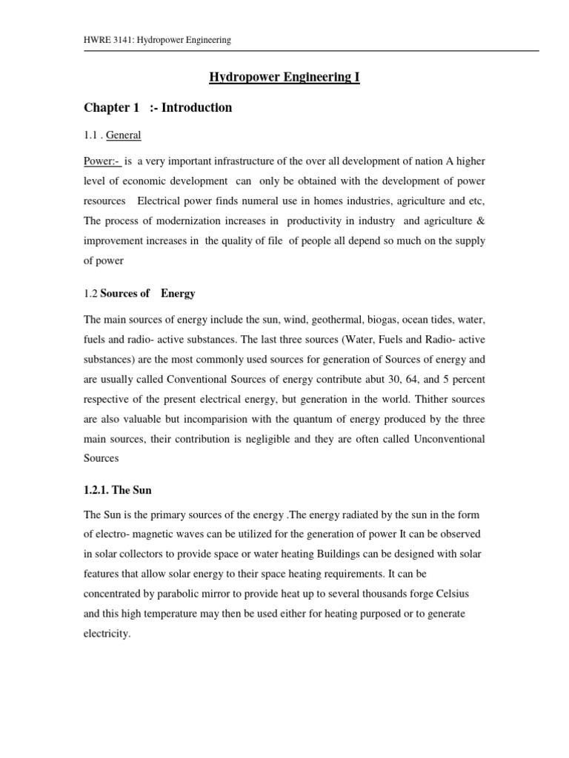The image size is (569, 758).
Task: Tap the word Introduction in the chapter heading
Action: point(196,108)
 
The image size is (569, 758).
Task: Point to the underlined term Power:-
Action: point(102,161)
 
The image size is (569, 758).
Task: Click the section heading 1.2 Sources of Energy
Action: point(139,293)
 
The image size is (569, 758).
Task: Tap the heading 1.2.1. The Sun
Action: point(117,490)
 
